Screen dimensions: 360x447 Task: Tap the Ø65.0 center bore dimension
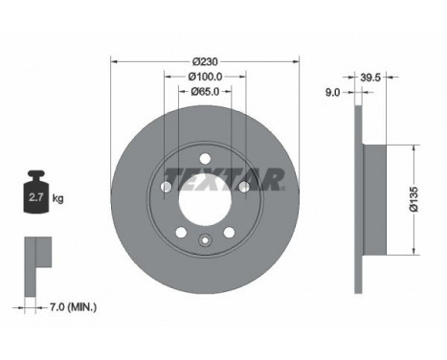pos(203,92)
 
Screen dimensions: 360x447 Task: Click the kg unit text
pos(57,199)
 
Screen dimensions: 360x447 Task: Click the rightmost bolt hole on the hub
pos(242,188)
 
